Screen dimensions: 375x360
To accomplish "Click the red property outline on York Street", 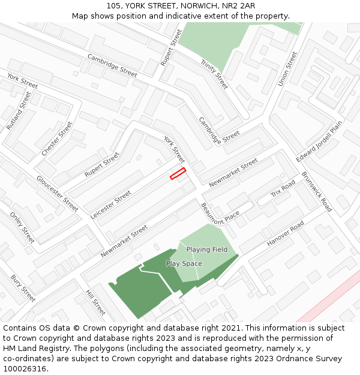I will [x=178, y=173].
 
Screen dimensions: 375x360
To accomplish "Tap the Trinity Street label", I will [x=214, y=74].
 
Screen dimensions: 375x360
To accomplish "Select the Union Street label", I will [x=287, y=68].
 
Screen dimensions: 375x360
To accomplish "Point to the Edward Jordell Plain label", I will [x=319, y=141].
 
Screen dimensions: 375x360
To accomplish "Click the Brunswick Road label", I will [x=317, y=192].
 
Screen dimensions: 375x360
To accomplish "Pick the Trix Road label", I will [x=283, y=189].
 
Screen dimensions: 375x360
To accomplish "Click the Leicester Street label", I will [x=110, y=205].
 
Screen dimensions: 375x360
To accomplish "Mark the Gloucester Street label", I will [x=57, y=193].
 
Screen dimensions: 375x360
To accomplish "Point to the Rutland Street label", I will [x=18, y=111].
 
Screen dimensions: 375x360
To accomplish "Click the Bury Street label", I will [x=23, y=288].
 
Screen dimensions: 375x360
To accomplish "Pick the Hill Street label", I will [x=95, y=303].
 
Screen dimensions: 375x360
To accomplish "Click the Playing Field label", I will [x=206, y=249].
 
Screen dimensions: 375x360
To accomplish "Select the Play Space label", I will [x=184, y=263].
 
